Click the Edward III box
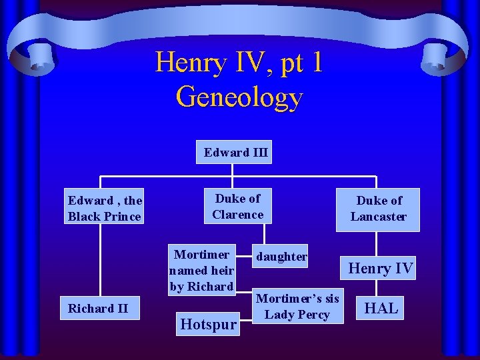point(235,152)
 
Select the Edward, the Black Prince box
point(105,208)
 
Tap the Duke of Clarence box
point(238,207)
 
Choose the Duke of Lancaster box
point(378,209)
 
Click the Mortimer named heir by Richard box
point(202,271)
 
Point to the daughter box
point(281,256)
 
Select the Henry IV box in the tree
point(381,268)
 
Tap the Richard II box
point(98,308)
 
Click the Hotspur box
point(209,324)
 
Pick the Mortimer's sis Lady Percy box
point(297,307)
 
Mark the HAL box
point(381,308)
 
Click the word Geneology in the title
point(239,97)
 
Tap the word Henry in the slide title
point(181,63)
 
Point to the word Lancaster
point(378,217)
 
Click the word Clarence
point(238,215)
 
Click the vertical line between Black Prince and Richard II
point(100,260)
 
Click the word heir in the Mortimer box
point(221,271)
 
